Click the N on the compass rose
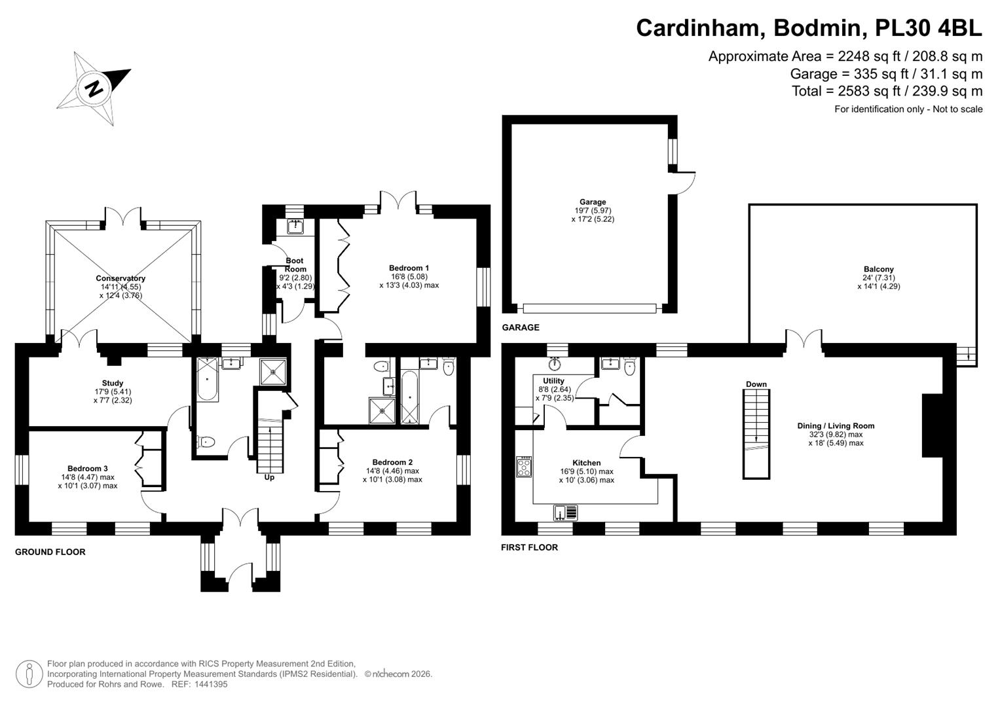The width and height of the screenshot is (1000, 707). [x=94, y=88]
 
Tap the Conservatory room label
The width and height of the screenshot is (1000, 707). [x=120, y=278]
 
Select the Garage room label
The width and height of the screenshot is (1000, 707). [x=593, y=202]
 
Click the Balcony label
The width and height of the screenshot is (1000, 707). [x=879, y=269]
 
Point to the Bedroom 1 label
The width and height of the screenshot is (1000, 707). [x=409, y=268]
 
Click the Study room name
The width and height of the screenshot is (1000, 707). [x=113, y=383]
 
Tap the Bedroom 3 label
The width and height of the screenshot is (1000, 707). [x=88, y=468]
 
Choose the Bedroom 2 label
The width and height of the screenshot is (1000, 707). [x=392, y=462]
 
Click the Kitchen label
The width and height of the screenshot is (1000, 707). [x=587, y=463]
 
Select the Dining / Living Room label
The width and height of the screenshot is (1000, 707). [x=836, y=426]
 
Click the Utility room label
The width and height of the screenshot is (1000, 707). [x=553, y=381]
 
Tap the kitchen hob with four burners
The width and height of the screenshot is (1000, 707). [x=524, y=466]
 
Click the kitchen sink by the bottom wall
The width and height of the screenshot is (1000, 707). [x=566, y=513]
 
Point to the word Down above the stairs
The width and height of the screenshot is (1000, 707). [x=756, y=384]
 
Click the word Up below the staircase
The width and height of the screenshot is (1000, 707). [x=269, y=477]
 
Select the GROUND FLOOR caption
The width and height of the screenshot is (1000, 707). [x=50, y=552]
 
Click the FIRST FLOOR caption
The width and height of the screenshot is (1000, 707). [x=529, y=547]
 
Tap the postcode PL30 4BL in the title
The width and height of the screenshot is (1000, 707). [x=928, y=27]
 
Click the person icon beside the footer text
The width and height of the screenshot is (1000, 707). [x=29, y=674]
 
